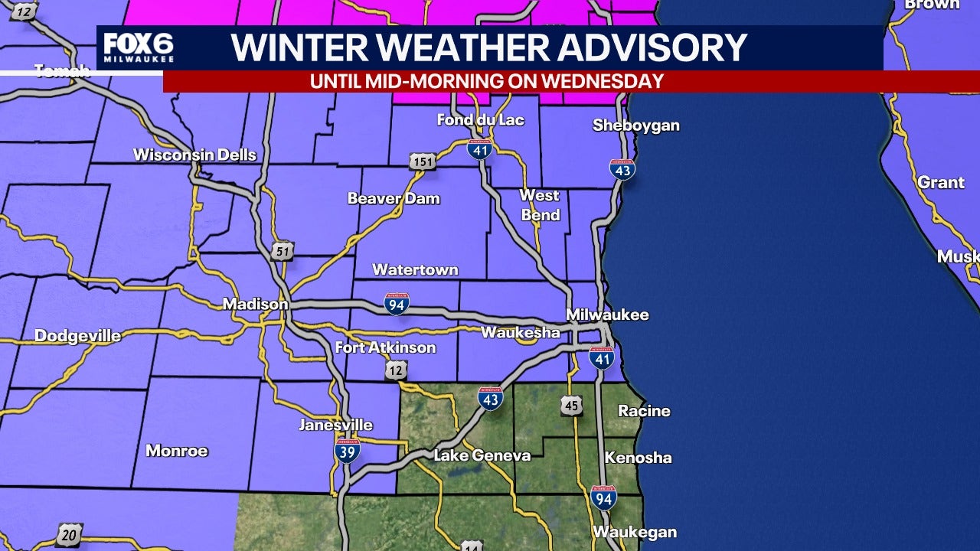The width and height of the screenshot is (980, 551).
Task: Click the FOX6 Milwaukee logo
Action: pos(138,47)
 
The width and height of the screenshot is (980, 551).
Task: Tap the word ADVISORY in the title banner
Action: pos(652,47)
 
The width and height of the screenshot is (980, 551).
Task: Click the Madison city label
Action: pos(255,305)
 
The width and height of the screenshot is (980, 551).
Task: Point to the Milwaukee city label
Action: pos(607,315)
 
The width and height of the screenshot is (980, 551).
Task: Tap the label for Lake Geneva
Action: pos(482,456)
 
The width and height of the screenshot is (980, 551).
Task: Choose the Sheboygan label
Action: pos(635,126)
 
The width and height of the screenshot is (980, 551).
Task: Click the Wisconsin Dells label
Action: pos(194,155)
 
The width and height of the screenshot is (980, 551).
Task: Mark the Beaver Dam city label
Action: pos(394,198)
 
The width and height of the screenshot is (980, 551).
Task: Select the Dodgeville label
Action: pos(77,336)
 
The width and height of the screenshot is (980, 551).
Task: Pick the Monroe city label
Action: pos(176,451)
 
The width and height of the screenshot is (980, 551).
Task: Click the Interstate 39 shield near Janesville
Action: pos(347,451)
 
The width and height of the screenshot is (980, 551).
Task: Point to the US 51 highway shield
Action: pos(281,251)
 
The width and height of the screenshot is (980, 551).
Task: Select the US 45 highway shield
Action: pos(571,405)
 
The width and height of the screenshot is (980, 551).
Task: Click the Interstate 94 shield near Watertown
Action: pos(397,304)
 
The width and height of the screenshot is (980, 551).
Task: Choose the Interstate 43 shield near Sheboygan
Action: pos(622,170)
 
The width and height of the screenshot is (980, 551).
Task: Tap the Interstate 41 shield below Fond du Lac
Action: pos(479,148)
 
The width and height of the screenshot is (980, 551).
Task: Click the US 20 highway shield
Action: pos(69,534)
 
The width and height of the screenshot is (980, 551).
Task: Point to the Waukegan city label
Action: pos(634,532)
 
